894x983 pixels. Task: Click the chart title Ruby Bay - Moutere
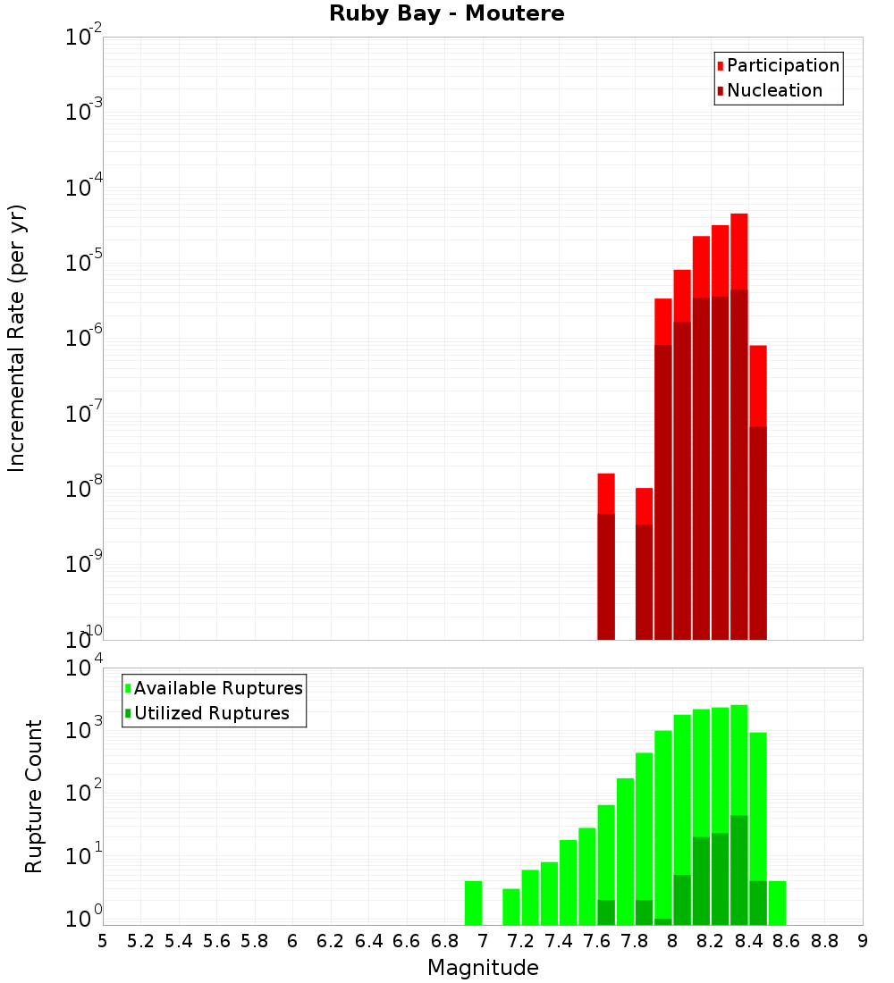click(x=447, y=14)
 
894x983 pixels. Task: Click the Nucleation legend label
click(x=774, y=91)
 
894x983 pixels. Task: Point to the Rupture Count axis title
click(x=34, y=796)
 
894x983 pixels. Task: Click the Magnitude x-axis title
click(x=483, y=968)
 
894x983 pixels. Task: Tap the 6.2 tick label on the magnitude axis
click(x=331, y=941)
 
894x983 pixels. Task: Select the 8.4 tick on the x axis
click(x=748, y=941)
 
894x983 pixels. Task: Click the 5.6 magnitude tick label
click(x=216, y=941)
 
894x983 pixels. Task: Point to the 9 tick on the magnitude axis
click(x=863, y=941)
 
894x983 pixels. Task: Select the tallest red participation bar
click(x=739, y=250)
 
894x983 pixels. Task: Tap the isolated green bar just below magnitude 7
click(x=473, y=903)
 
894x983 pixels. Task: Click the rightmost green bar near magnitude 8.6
click(x=777, y=903)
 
